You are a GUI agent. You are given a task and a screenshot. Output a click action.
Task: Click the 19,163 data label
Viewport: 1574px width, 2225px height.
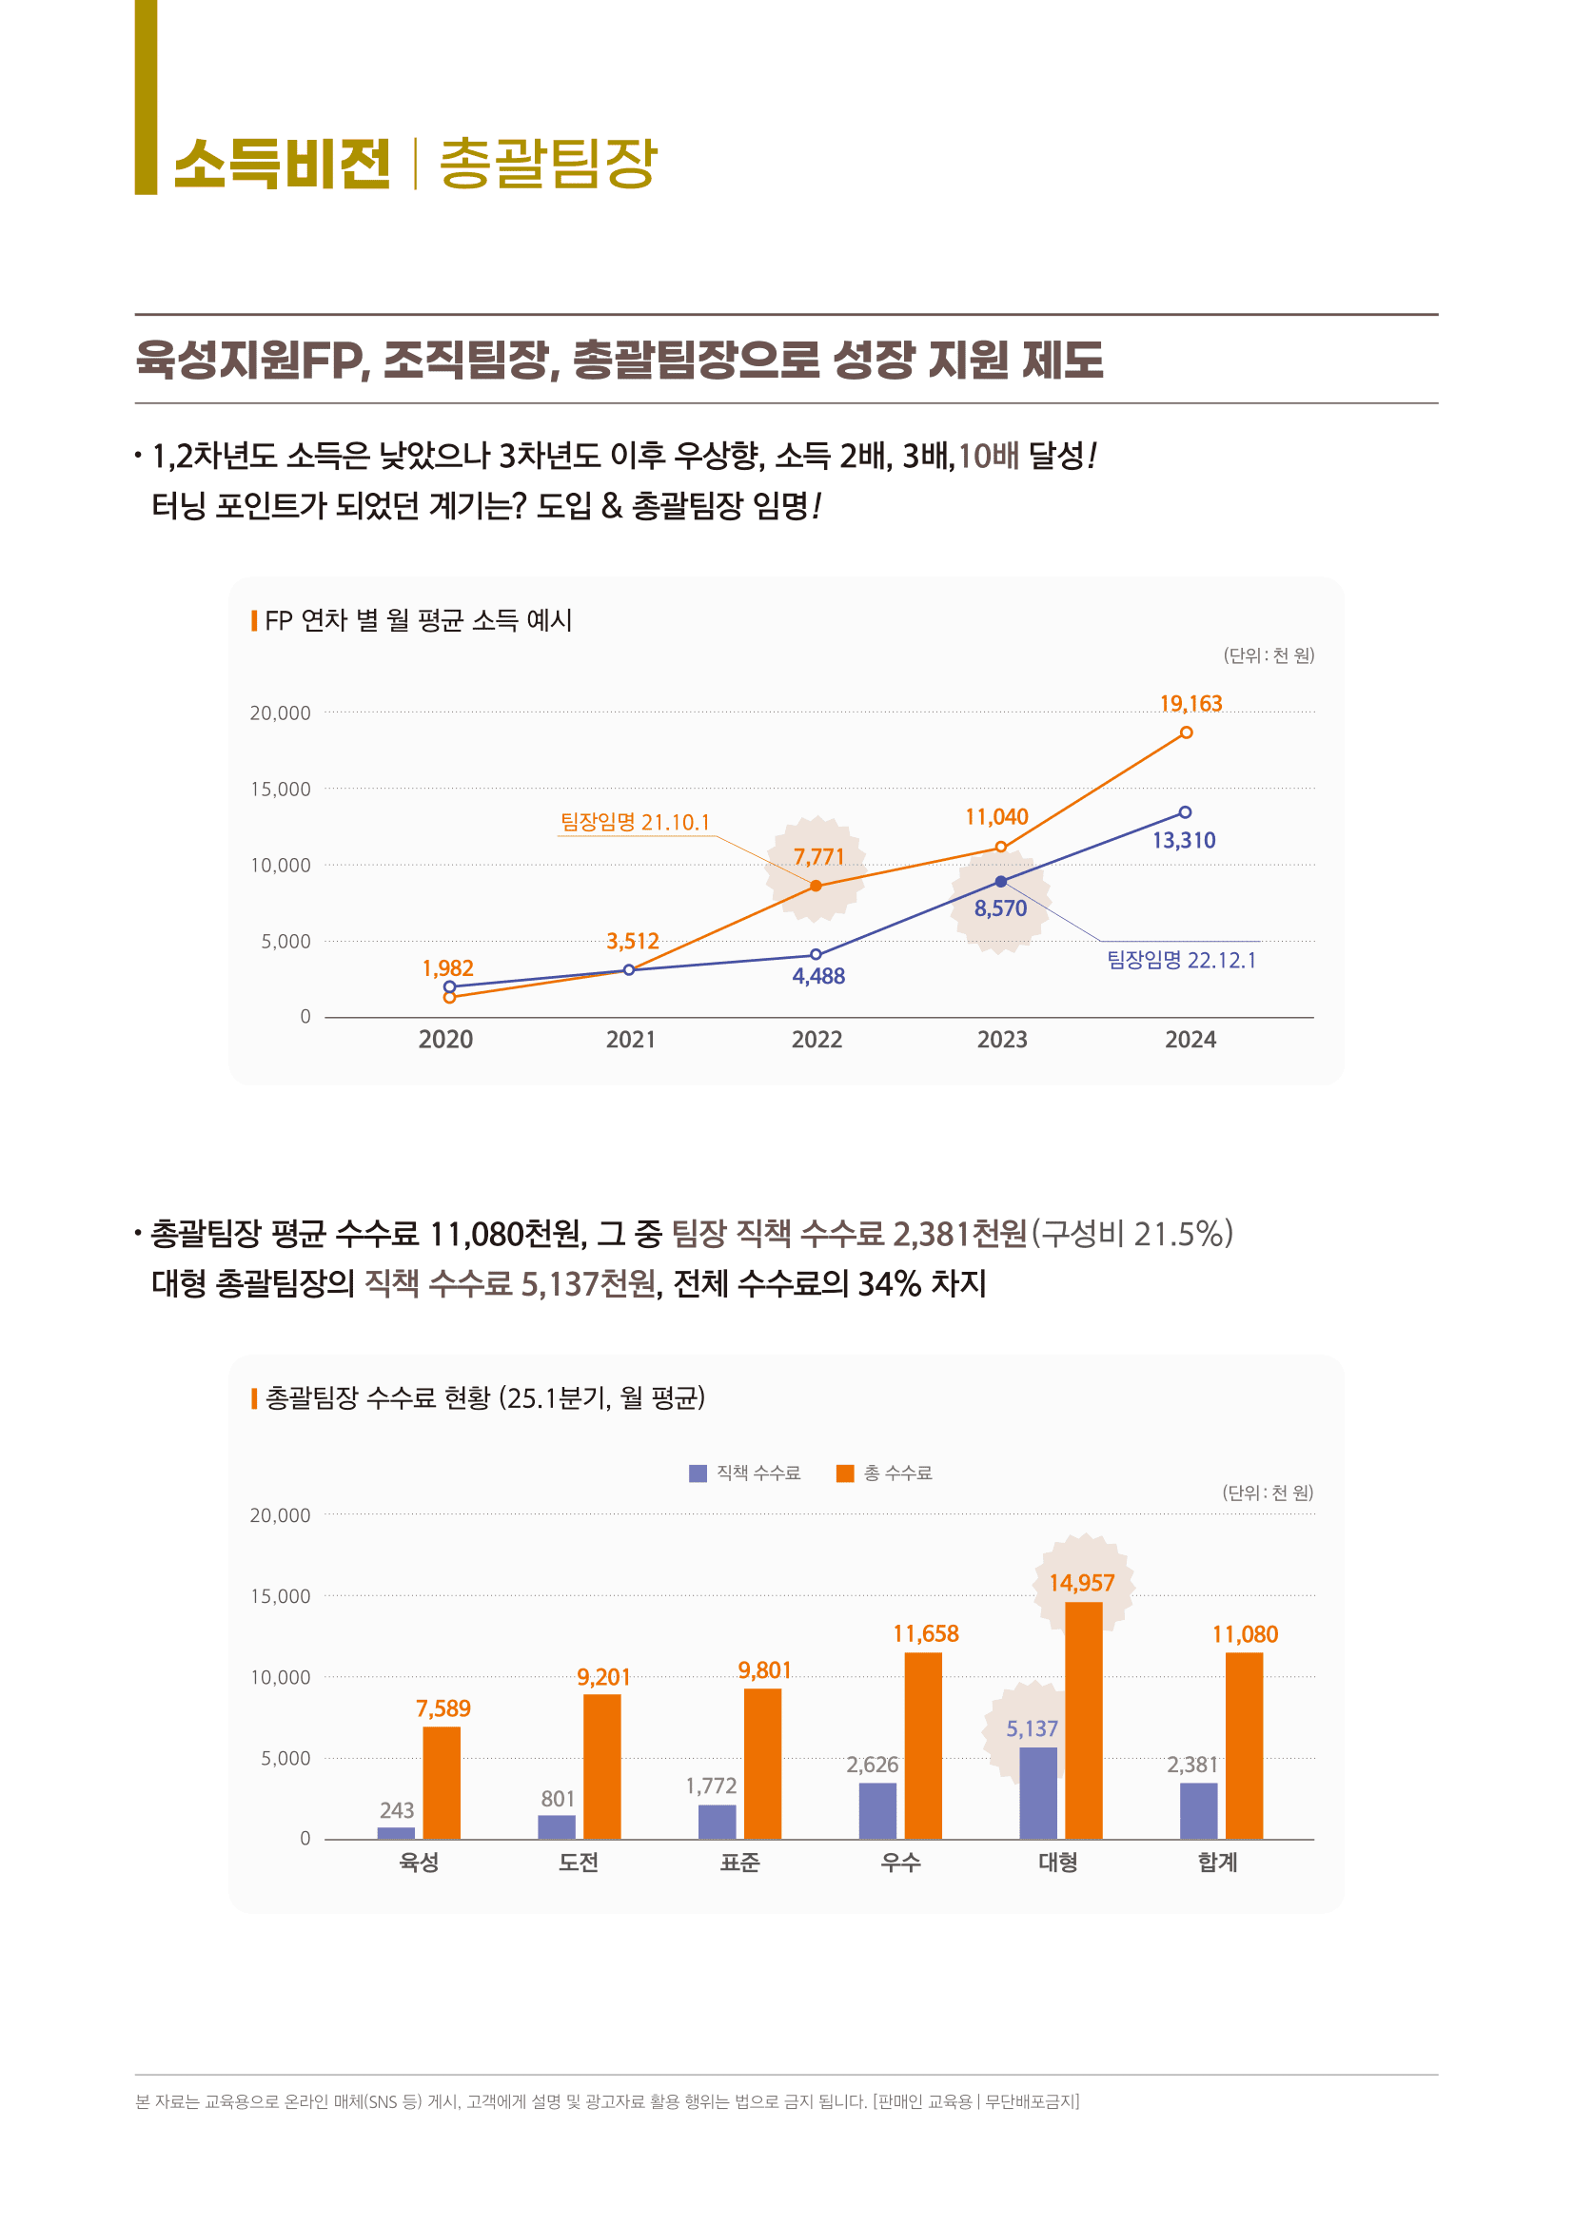tap(1190, 704)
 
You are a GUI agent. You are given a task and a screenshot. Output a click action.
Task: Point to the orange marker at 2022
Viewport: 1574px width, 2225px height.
tap(817, 886)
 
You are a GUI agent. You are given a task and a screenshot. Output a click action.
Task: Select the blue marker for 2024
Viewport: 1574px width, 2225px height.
tap(1185, 812)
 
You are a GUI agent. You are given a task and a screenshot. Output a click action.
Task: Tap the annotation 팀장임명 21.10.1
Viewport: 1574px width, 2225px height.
tap(635, 822)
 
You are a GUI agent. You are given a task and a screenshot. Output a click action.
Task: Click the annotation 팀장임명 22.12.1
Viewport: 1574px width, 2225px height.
tap(1182, 960)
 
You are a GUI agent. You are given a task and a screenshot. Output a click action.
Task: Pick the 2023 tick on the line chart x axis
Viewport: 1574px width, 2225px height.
tap(1001, 1040)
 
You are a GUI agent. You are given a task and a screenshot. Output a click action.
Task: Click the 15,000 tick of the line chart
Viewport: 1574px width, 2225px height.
tap(280, 789)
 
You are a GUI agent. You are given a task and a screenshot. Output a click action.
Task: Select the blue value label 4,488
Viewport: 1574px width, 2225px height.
tap(819, 976)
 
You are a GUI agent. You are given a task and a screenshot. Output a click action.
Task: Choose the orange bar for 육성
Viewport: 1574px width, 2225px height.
tap(442, 1783)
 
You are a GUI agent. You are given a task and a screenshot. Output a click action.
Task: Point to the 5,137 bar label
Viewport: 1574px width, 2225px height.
tap(1032, 1728)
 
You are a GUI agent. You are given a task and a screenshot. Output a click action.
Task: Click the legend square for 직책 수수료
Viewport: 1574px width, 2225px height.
tap(697, 1473)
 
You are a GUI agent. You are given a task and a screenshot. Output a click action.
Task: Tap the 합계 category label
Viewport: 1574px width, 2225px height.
tap(1217, 1863)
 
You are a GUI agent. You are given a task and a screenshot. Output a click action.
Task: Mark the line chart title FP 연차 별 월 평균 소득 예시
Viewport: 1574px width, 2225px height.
tap(418, 620)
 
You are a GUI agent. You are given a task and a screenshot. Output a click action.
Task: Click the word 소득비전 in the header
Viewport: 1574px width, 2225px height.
tap(282, 164)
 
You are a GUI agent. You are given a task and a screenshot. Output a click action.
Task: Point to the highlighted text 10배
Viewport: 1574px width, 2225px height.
tap(989, 455)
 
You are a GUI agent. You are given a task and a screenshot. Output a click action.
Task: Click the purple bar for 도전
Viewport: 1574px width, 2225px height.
tap(557, 1826)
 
